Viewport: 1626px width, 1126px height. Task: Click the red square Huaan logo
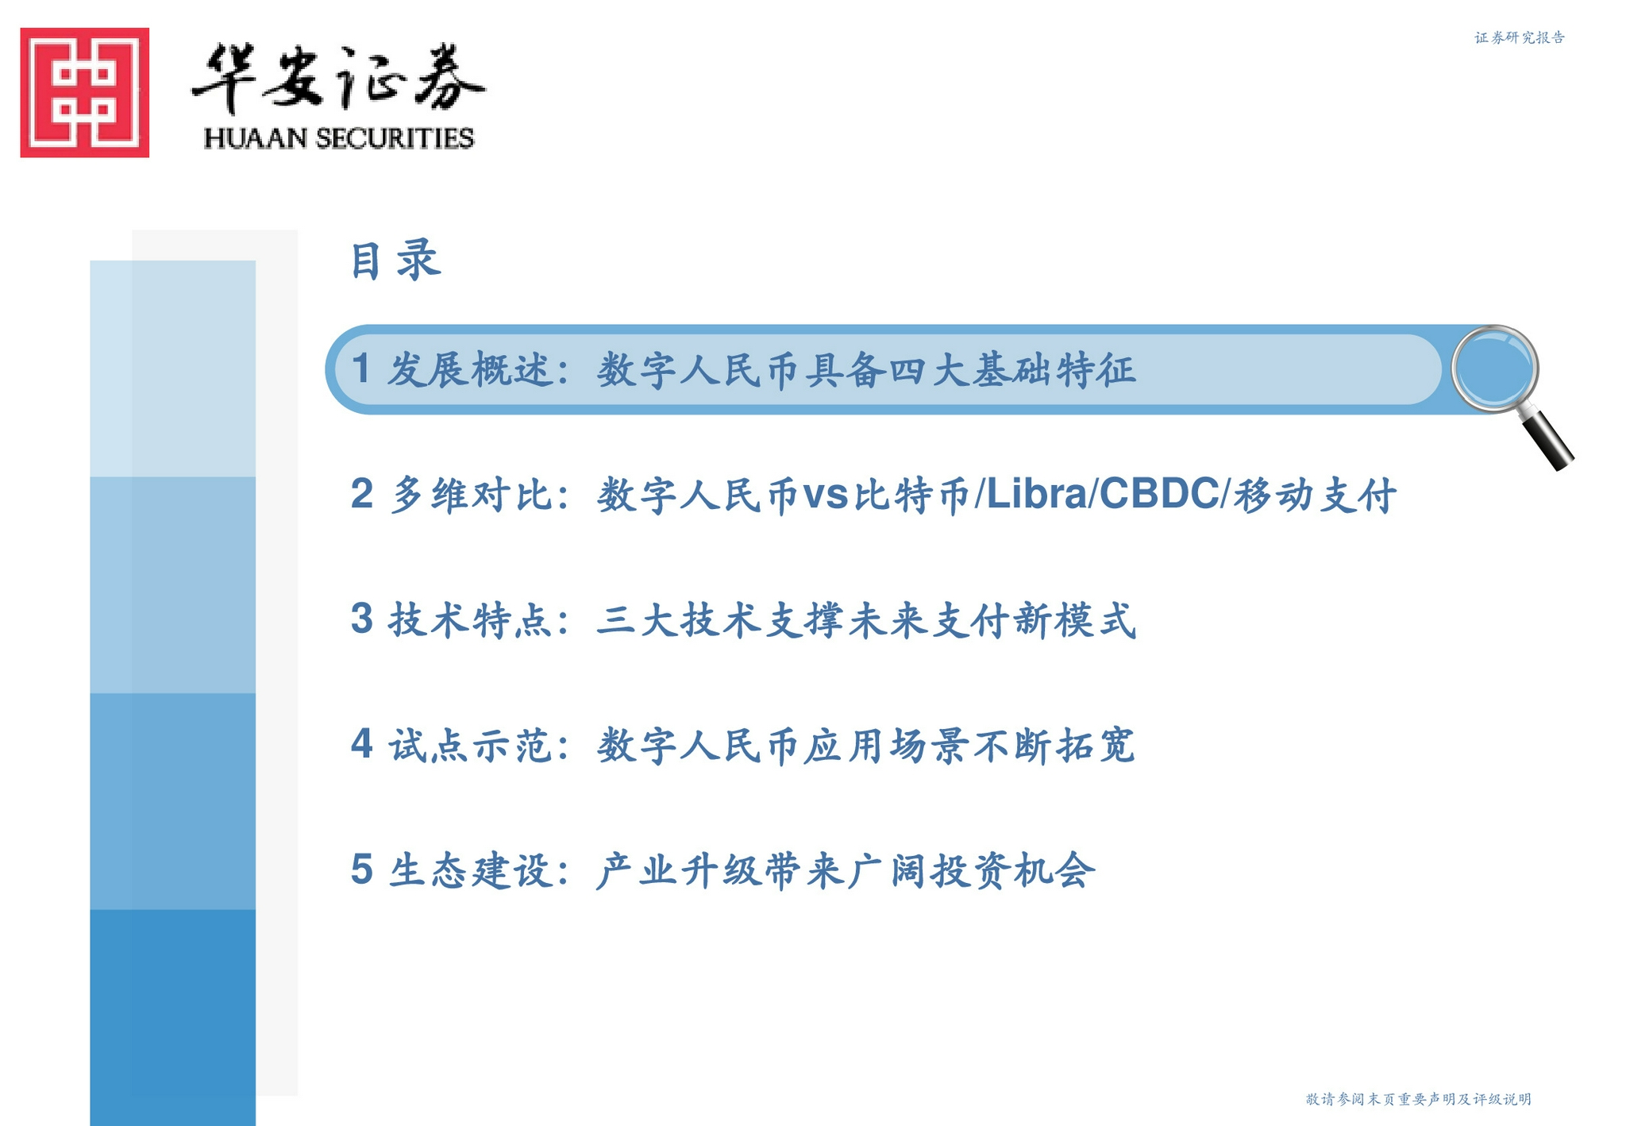pyautogui.click(x=85, y=92)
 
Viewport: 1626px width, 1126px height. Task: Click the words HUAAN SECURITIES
pyautogui.click(x=339, y=138)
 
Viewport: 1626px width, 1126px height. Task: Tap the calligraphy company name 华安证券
pyautogui.click(x=338, y=78)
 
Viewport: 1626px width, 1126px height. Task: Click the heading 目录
pyautogui.click(x=395, y=260)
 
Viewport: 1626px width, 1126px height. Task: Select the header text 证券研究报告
pyautogui.click(x=1520, y=37)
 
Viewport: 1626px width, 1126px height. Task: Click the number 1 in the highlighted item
pyautogui.click(x=361, y=368)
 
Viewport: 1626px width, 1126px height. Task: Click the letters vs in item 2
pyautogui.click(x=826, y=496)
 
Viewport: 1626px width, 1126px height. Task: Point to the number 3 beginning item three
pyautogui.click(x=361, y=619)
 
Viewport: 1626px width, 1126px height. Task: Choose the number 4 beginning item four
pyautogui.click(x=361, y=744)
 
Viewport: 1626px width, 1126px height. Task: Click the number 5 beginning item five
pyautogui.click(x=361, y=869)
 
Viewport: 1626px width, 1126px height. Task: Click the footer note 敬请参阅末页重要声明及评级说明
pyautogui.click(x=1418, y=1099)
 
